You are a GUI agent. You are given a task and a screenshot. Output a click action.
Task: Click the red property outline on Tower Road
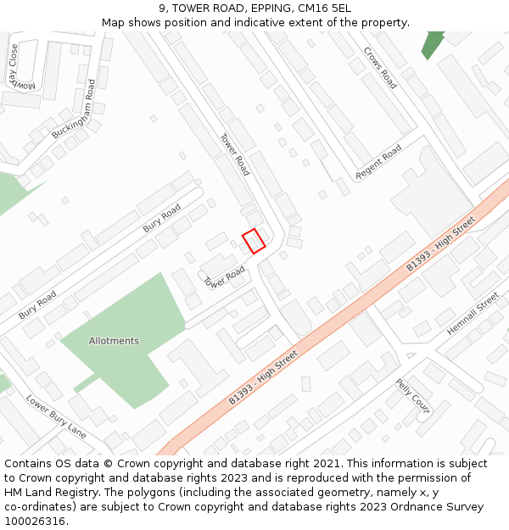point(254,241)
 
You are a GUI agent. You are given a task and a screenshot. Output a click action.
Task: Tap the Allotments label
point(114,341)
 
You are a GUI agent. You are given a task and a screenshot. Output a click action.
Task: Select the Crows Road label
point(380,68)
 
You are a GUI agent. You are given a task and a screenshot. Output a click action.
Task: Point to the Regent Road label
point(378,162)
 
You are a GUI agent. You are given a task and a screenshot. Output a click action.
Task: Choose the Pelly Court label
point(413,396)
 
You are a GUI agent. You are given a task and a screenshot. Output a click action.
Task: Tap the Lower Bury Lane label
point(55,416)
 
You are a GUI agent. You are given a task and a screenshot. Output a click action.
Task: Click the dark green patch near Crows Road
point(433,43)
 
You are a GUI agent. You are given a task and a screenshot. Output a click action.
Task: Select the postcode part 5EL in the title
point(339,8)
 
